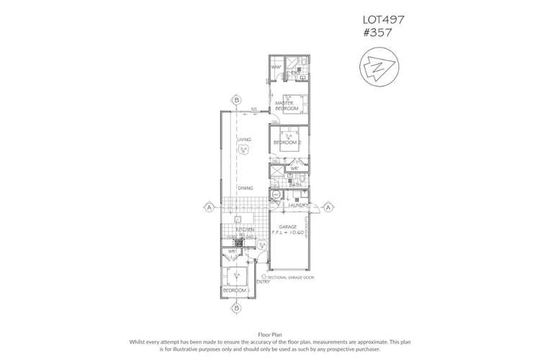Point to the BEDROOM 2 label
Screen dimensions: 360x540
pos(287,143)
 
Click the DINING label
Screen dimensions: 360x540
pos(246,188)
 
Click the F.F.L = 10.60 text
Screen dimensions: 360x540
pos(291,233)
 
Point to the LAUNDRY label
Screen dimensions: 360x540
pos(298,206)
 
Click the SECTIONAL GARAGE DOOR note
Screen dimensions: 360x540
pos(292,276)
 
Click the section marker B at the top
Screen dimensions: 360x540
pos(235,99)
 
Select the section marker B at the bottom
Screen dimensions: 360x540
pos(235,308)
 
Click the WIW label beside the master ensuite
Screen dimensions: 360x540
pos(275,68)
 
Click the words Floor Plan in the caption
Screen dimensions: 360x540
pos(270,334)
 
